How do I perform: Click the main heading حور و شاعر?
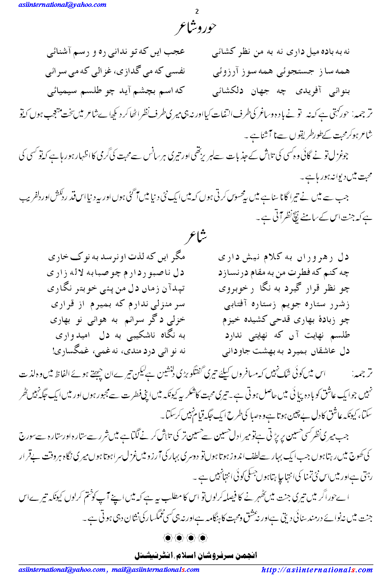pos(196,28)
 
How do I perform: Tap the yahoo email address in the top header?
pos(62,5)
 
